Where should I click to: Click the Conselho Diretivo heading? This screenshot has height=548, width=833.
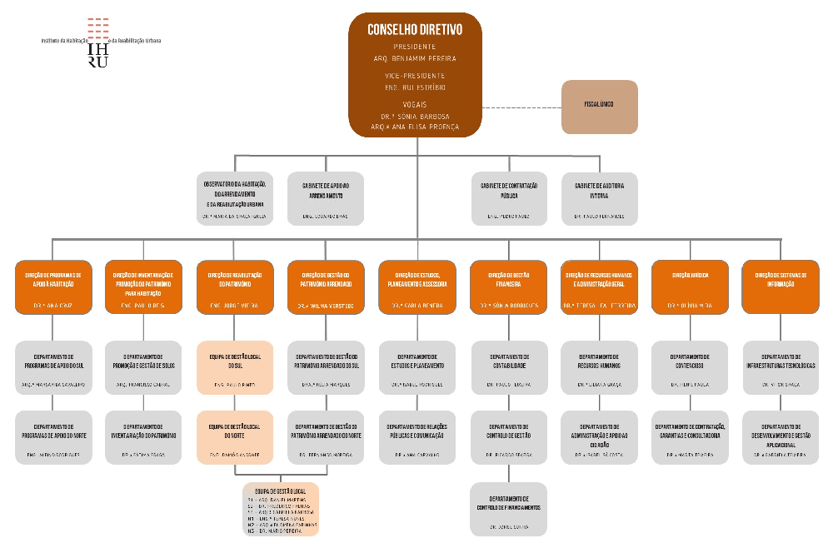tap(415, 29)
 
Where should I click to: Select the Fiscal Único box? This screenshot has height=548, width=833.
tap(599, 107)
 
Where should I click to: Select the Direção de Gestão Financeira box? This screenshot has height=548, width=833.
tap(508, 287)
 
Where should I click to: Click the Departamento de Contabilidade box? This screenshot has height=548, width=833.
tap(508, 367)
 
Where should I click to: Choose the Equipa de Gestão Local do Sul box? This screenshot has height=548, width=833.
tap(236, 367)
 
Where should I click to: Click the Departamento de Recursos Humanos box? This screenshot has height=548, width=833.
tap(599, 367)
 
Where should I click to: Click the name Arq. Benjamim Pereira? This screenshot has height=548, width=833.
tap(415, 59)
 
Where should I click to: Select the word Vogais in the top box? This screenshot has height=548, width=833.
tap(415, 103)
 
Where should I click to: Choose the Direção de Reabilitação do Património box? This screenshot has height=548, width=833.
tap(236, 287)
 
